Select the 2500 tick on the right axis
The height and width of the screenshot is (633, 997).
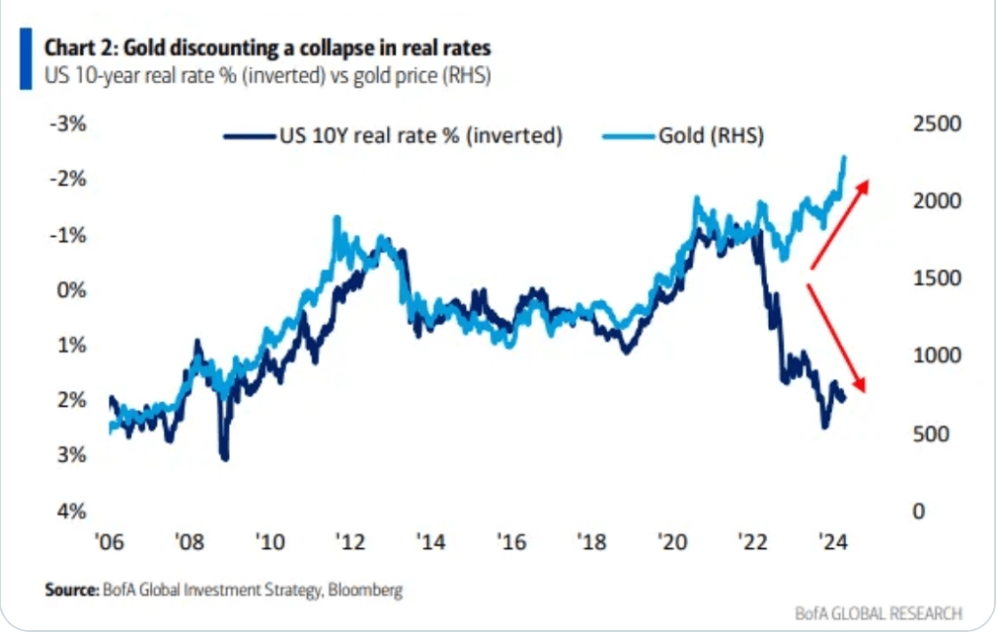coord(937,124)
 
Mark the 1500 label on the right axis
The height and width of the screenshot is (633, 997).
coord(937,279)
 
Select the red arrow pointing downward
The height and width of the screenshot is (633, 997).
coord(837,338)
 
